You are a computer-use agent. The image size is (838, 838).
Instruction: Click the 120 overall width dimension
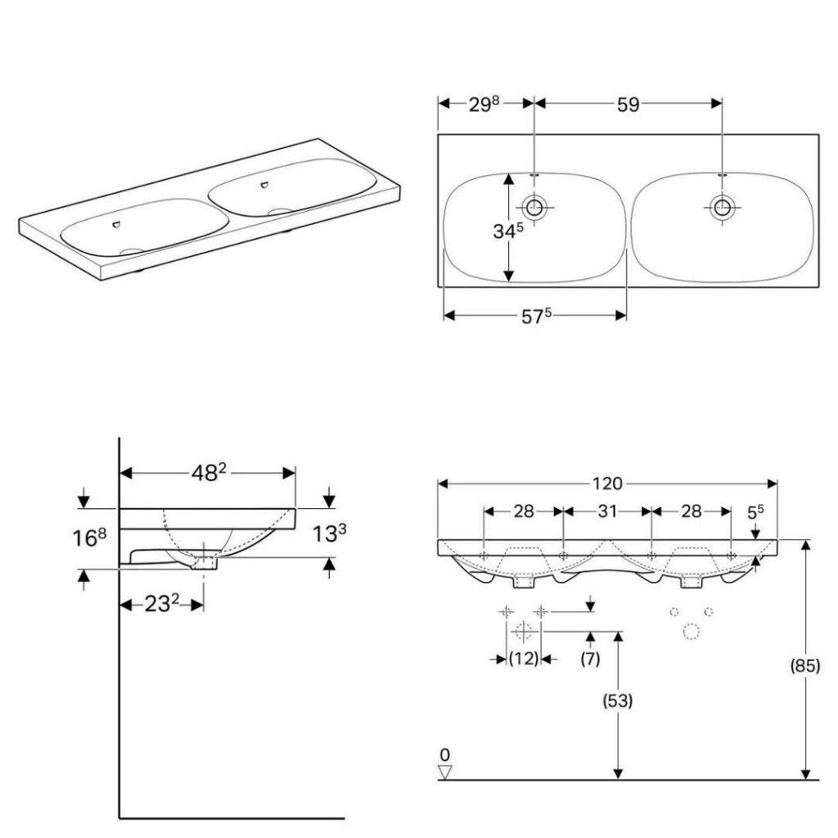(x=608, y=484)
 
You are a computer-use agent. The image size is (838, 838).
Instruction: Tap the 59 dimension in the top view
(x=628, y=105)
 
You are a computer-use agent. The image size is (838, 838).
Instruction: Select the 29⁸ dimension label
(x=484, y=104)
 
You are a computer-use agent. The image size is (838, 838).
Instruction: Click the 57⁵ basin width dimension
(x=536, y=317)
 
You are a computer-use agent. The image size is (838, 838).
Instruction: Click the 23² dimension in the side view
(x=161, y=604)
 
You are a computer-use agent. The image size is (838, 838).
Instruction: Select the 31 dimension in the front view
(x=608, y=511)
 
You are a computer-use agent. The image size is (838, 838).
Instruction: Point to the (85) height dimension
(x=805, y=665)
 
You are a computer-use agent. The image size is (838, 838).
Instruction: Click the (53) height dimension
(x=618, y=701)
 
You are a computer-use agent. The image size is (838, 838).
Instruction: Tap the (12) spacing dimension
(x=523, y=659)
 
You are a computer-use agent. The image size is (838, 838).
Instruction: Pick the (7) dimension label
(x=590, y=659)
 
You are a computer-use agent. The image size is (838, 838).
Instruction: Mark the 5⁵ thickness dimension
(x=755, y=512)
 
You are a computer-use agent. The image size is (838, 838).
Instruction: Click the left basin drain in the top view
(x=534, y=206)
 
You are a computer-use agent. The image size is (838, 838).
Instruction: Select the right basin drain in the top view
(x=722, y=206)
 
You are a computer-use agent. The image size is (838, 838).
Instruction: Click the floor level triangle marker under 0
(x=444, y=773)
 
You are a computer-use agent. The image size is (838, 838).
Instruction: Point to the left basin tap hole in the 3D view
(x=116, y=224)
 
